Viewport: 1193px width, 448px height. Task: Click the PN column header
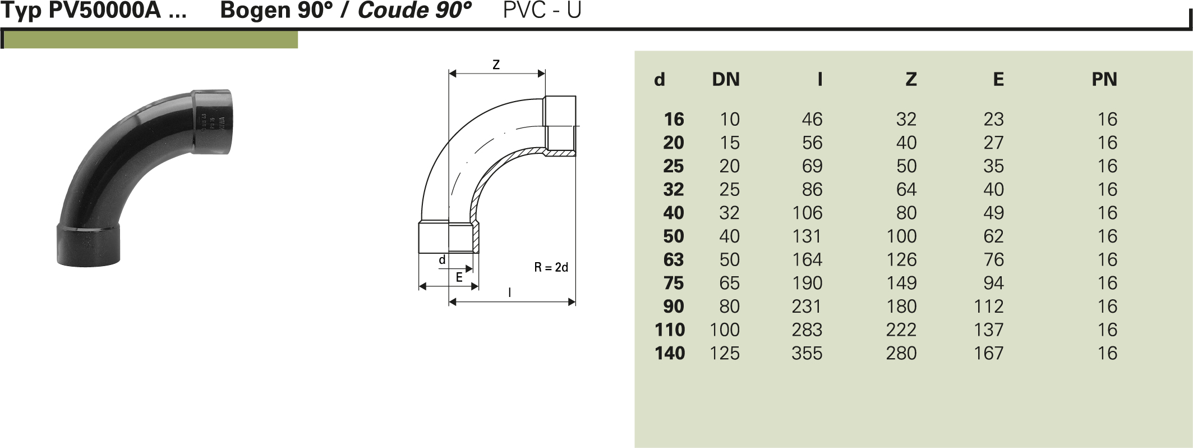pos(1104,80)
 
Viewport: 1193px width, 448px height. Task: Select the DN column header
pos(725,80)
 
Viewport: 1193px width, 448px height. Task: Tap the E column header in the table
pos(998,80)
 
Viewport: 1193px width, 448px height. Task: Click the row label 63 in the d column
pos(673,260)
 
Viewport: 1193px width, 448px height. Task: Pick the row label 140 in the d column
pos(670,354)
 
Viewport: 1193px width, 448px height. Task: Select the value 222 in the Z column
pos(901,330)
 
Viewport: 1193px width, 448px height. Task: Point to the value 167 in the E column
pos(988,354)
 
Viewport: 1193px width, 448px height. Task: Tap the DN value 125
pos(724,354)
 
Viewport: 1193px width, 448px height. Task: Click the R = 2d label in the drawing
pos(551,267)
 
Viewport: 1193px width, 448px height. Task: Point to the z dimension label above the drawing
pos(496,65)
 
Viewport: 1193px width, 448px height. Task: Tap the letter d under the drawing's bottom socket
pos(442,260)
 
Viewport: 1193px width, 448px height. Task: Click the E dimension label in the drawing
pos(459,277)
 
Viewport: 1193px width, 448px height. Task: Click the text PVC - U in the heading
pos(541,11)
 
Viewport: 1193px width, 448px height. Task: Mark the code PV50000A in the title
pos(104,11)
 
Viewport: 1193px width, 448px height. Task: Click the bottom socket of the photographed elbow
pos(88,245)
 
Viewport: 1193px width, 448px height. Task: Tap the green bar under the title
pos(150,40)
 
